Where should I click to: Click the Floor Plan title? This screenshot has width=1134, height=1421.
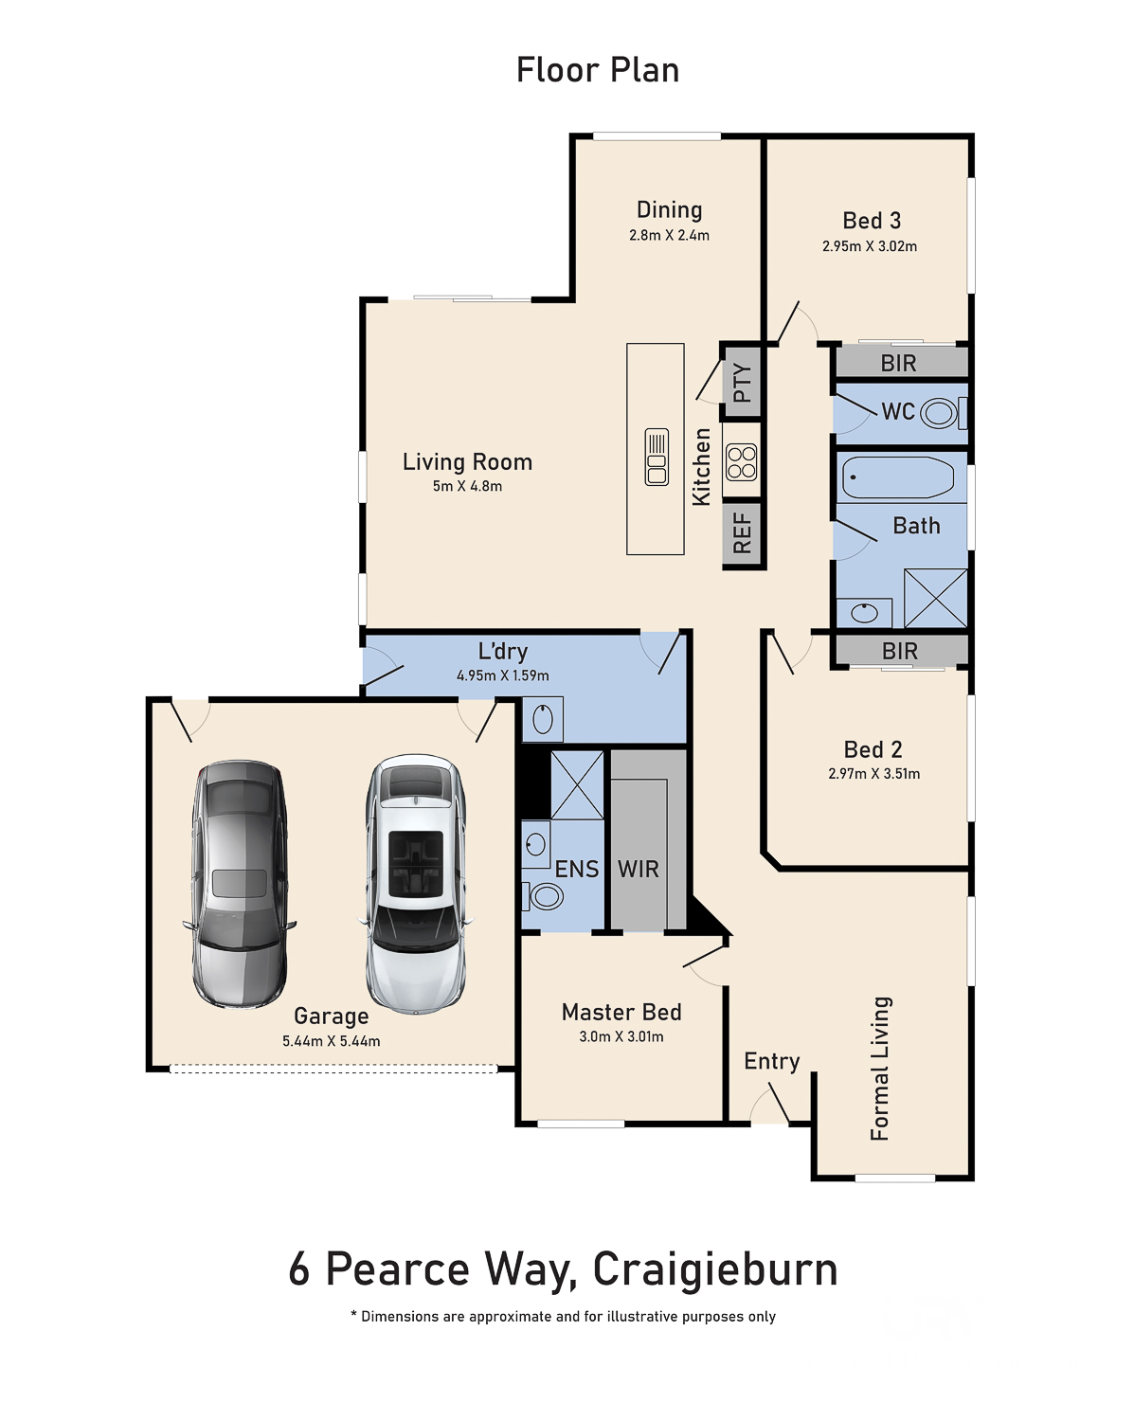coord(597,70)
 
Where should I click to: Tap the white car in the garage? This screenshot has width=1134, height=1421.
coord(416,884)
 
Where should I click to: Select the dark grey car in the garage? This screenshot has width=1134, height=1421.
coord(240,884)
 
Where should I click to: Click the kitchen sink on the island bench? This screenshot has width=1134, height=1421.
coord(656,457)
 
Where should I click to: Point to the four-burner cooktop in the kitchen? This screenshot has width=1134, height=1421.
coord(741,461)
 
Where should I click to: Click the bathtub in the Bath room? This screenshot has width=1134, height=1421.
coord(897,477)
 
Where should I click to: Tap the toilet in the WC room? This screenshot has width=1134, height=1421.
coord(944,413)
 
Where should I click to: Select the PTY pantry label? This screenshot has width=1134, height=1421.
coord(743,383)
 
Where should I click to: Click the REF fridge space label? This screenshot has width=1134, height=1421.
coord(743,532)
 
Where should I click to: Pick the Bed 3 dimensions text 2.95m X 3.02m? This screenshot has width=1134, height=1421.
coord(869,246)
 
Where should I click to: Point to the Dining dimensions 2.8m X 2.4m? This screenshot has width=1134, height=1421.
coord(669,235)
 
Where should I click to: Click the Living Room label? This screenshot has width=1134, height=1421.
coord(468,461)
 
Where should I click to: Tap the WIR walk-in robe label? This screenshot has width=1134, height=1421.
coord(638,869)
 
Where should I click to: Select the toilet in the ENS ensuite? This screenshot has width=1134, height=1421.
coord(544,897)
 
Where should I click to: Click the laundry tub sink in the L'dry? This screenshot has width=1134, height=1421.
coord(543,719)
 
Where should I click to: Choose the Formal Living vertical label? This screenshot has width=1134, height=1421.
coord(880,1069)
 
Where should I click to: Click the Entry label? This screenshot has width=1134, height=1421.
coord(771,1061)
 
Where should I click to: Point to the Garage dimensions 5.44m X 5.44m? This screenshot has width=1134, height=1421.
coord(331,1041)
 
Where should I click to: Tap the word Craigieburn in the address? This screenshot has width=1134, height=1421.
coord(715,1269)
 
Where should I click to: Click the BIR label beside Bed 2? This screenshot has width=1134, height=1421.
coord(900,651)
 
